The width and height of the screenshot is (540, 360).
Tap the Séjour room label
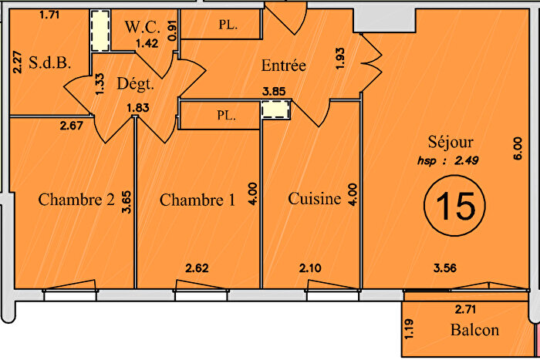451,142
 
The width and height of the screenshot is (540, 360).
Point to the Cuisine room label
314,199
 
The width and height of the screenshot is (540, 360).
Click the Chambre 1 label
197,200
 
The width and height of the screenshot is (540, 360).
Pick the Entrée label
282,66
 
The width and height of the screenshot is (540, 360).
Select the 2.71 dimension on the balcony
467,310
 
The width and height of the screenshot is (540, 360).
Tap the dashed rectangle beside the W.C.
100,32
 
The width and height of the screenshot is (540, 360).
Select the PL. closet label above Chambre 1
226,117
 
